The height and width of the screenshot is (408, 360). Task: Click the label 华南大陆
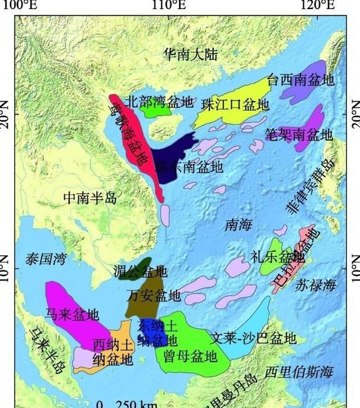click(191, 55)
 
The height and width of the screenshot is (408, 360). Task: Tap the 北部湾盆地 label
click(159, 102)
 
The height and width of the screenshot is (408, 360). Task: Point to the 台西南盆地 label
click(301, 80)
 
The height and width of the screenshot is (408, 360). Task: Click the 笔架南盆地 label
click(299, 135)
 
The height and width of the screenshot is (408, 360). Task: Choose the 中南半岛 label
click(89, 198)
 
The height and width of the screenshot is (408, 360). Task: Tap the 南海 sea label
click(238, 225)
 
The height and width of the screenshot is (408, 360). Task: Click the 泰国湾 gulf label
click(46, 259)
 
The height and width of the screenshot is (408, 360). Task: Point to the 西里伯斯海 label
click(299, 372)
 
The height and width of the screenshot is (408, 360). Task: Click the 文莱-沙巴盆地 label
click(253, 338)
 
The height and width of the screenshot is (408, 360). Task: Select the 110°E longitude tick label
click(169, 6)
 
